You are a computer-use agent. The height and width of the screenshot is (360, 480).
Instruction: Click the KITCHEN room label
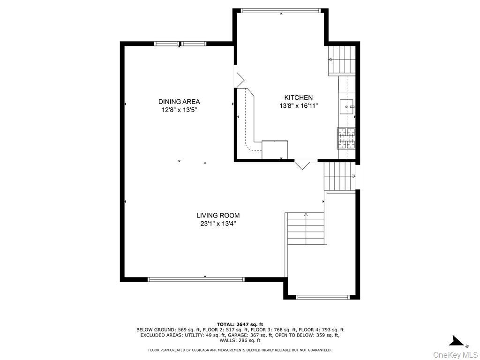pyautogui.click(x=299, y=97)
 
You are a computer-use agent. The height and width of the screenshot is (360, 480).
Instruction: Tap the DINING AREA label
pyautogui.click(x=179, y=102)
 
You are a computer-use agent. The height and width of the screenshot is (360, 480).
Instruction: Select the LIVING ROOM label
pyautogui.click(x=218, y=216)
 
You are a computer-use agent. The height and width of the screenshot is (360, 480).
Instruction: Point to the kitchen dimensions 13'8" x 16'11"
pyautogui.click(x=299, y=106)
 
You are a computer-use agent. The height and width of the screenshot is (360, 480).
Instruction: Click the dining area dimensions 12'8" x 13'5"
pyautogui.click(x=179, y=110)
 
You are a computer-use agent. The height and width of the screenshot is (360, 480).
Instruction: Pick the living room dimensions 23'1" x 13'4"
pyautogui.click(x=218, y=224)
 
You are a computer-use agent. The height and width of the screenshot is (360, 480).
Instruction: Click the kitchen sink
pyautogui.click(x=347, y=106)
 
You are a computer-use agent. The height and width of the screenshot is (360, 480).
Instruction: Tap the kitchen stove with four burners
pyautogui.click(x=346, y=138)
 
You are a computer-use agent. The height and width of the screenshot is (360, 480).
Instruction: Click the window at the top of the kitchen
pyautogui.click(x=281, y=11)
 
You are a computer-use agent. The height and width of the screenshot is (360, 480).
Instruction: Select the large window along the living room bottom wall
pyautogui.click(x=196, y=279)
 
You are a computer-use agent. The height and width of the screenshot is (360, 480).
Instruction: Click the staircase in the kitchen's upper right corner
pyautogui.click(x=342, y=60)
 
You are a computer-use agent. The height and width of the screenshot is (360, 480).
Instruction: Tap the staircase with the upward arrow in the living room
pyautogui.click(x=306, y=228)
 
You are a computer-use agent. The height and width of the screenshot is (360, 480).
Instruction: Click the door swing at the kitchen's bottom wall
pyautogui.click(x=302, y=164)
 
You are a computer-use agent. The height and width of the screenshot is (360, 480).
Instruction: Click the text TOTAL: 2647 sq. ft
pyautogui.click(x=240, y=324)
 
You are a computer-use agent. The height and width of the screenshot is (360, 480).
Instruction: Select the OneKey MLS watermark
pyautogui.click(x=456, y=355)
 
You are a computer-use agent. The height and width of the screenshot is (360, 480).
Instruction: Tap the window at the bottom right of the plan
pyautogui.click(x=323, y=297)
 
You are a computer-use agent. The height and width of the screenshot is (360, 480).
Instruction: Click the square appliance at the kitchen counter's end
pyautogui.click(x=275, y=150)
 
